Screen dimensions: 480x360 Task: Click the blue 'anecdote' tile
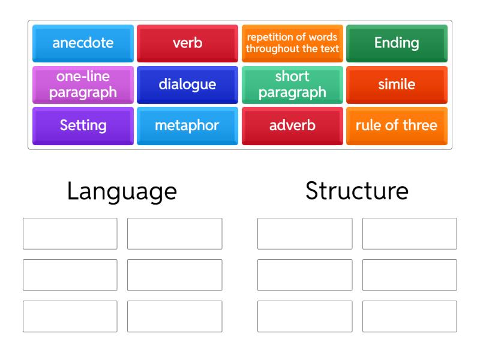83,43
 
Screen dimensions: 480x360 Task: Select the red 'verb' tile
187,43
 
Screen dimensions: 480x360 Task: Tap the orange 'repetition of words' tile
292,43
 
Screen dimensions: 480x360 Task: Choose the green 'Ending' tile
397,43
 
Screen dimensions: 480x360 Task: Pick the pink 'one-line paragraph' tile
83,85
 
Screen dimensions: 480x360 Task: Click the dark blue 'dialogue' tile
187,85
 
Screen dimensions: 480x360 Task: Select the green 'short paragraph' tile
292,85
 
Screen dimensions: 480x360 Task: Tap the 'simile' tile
397,85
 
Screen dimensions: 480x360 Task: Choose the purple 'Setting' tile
83,126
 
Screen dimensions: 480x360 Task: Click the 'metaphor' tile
187,126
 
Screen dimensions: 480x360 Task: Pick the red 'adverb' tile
292,126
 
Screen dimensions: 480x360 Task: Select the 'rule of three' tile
397,126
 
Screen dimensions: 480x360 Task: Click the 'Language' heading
122,192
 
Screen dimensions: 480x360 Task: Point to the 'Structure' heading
357,191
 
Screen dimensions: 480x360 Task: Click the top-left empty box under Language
70,233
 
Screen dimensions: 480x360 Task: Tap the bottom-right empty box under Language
175,317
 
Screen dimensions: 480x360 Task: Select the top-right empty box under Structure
410,233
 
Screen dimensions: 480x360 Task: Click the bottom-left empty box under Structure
305,317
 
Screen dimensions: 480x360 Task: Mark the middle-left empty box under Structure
305,275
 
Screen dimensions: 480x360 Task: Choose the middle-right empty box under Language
175,275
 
